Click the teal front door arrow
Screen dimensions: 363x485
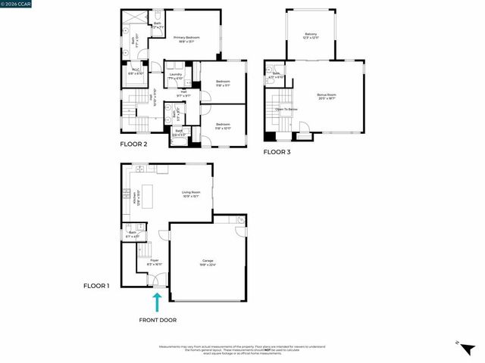158,302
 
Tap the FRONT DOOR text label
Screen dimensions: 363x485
158,320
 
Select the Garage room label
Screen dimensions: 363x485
208,262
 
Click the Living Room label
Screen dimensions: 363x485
190,194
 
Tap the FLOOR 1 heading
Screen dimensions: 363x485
96,287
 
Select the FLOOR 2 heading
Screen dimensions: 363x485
133,143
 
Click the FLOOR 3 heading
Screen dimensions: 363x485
276,152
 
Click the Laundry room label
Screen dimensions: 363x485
175,76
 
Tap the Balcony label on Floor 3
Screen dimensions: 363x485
311,35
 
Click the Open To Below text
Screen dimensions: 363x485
286,110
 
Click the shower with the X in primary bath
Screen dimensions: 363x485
134,20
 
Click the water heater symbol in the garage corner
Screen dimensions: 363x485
240,220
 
